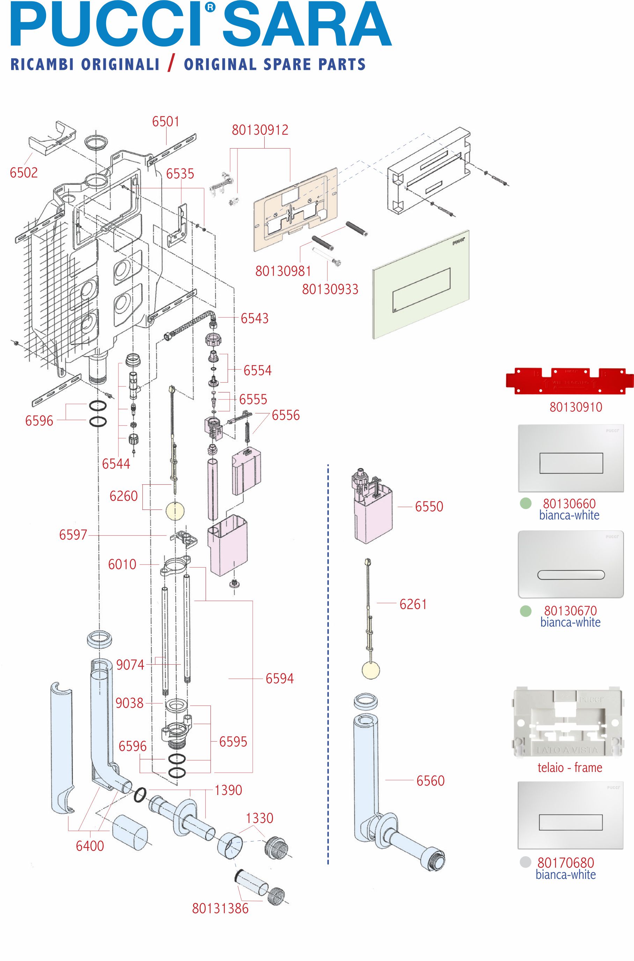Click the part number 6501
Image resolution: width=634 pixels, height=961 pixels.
point(165,121)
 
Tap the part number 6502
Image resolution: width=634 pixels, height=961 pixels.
point(24,173)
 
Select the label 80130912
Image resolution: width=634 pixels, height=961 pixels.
point(260,130)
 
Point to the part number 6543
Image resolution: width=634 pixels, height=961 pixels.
point(254,318)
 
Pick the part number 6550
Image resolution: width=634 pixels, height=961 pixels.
point(429,507)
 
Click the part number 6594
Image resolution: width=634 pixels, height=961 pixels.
point(279,679)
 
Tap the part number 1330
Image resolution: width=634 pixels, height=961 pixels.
point(260,818)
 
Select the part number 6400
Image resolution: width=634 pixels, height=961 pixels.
point(90,846)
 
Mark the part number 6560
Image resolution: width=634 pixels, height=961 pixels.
point(430,781)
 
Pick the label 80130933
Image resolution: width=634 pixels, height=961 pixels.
point(330,289)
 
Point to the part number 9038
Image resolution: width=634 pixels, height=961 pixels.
point(130,703)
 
